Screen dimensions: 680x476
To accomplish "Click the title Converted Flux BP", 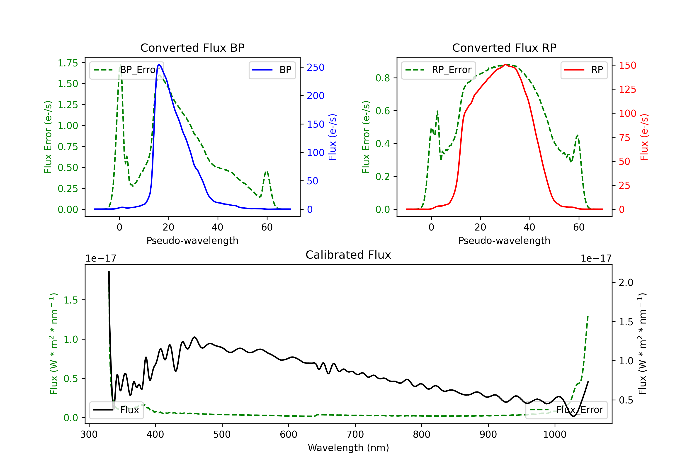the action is click(x=192, y=48).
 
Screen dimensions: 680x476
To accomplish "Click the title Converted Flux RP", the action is click(x=504, y=48).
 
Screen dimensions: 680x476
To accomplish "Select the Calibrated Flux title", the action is click(x=348, y=255).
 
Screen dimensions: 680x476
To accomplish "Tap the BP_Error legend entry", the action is click(x=126, y=70).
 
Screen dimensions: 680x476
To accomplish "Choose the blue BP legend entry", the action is click(x=272, y=70).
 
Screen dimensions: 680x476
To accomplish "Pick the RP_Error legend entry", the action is click(x=438, y=70).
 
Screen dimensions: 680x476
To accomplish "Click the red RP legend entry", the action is click(x=584, y=70).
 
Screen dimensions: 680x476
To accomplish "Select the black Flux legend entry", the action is click(x=116, y=410).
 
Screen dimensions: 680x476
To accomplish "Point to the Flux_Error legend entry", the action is click(x=566, y=410).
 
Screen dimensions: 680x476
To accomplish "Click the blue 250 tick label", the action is click(x=316, y=68).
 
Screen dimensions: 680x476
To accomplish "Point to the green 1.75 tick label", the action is click(x=68, y=63).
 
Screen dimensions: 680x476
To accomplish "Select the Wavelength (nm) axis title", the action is click(x=348, y=448).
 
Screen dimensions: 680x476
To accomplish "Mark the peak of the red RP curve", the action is click(x=505, y=64).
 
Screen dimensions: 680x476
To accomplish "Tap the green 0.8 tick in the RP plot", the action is click(x=383, y=78).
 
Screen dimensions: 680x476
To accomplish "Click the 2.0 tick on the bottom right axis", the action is click(x=626, y=283).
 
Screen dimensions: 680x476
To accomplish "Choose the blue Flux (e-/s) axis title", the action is click(x=332, y=137).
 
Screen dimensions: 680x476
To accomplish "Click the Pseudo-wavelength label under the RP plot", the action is click(x=504, y=240).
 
